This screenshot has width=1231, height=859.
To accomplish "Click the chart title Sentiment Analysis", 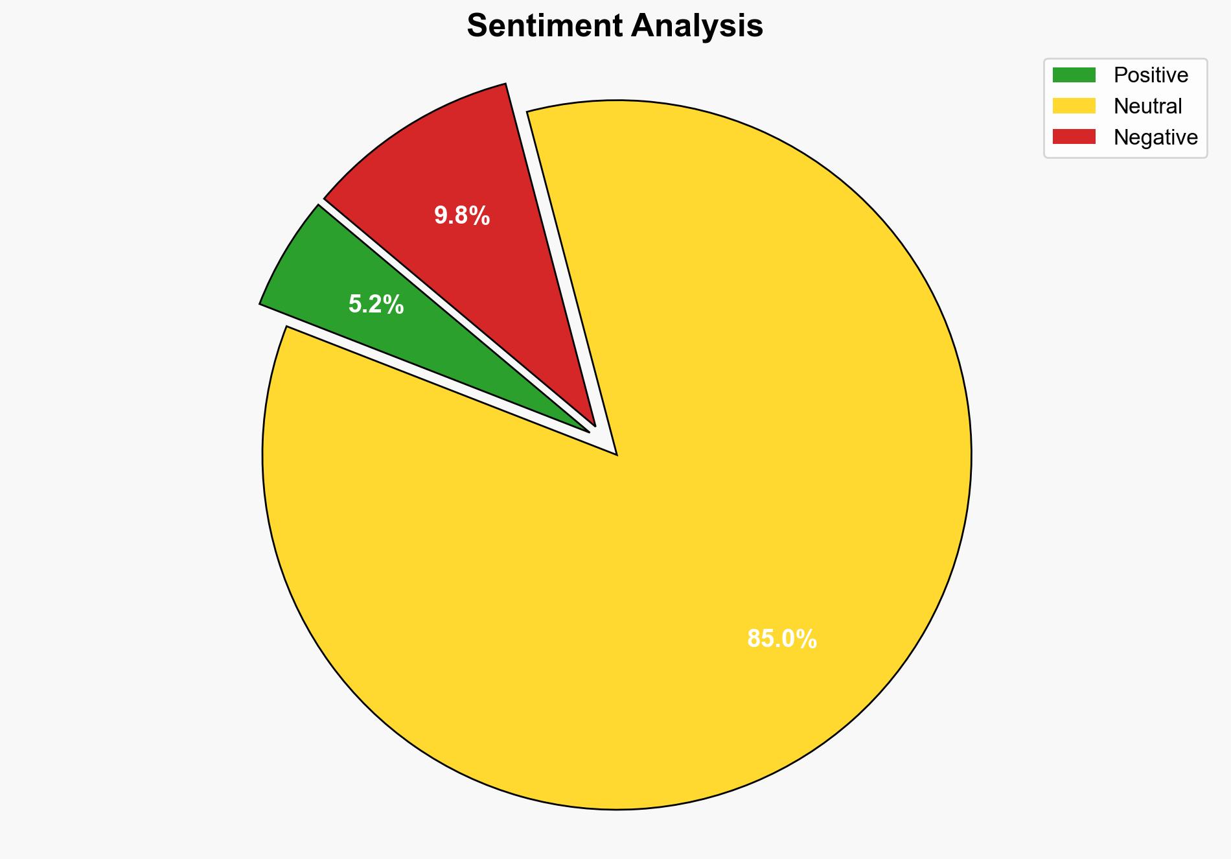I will [615, 27].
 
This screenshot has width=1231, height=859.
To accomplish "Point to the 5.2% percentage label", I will [376, 305].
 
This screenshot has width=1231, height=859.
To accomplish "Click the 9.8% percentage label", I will [462, 215].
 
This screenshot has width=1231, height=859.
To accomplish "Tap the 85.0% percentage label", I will [782, 639].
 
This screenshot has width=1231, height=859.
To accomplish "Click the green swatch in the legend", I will [1074, 75].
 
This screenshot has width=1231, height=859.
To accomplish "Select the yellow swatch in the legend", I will [1074, 106].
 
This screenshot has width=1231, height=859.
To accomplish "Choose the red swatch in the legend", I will [1074, 137].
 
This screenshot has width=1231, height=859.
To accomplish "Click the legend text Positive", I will [1151, 75].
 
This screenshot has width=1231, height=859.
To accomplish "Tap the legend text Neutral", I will [1147, 106].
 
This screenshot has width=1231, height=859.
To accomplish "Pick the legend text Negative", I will [1155, 137].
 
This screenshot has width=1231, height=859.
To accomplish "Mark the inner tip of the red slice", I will [594, 425].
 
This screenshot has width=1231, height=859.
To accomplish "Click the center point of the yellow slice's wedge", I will [616, 454].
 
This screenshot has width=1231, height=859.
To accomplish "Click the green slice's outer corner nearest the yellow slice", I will [260, 303].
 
